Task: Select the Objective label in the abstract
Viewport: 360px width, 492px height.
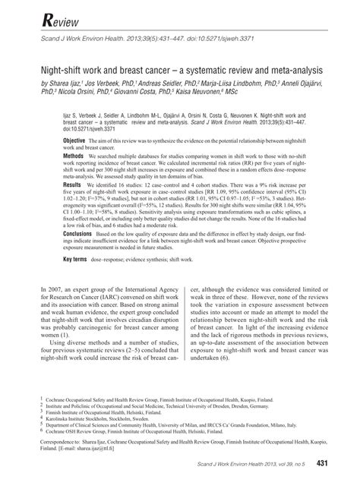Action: (x=74, y=141)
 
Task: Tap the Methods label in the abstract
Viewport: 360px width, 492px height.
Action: (x=73, y=154)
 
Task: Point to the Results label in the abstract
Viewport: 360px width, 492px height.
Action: (x=71, y=184)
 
